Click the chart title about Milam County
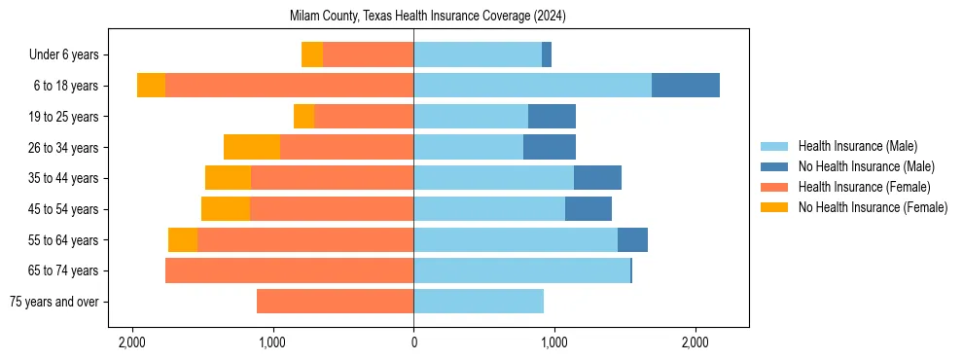click(427, 17)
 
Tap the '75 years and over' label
click(53, 302)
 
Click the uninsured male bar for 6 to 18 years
click(686, 86)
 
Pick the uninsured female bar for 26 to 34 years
click(252, 148)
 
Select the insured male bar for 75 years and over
click(479, 302)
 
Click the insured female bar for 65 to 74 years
click(290, 270)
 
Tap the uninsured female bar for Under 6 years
click(312, 55)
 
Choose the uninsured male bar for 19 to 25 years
click(552, 117)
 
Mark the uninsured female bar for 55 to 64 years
click(183, 240)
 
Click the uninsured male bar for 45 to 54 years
click(588, 209)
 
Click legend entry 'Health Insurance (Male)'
click(857, 146)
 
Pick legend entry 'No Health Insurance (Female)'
click(873, 207)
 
